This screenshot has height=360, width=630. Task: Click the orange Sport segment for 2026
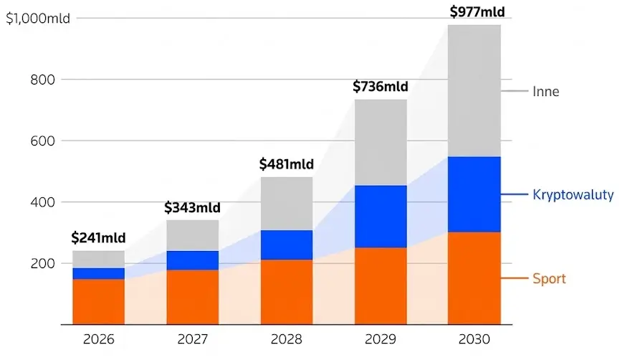(98, 302)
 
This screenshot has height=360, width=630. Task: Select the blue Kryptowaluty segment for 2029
(381, 217)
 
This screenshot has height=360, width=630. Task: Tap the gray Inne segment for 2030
(474, 91)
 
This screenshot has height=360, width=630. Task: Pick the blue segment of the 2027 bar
(193, 260)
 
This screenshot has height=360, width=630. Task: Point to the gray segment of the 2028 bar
(287, 204)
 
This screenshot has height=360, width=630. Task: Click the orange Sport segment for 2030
(474, 278)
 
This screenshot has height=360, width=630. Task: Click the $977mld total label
(477, 11)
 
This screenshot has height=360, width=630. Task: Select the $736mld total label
(381, 86)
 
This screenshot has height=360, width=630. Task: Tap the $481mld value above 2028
(287, 164)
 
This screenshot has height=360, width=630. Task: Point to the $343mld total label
(193, 207)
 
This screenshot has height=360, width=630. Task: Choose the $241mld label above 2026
(98, 237)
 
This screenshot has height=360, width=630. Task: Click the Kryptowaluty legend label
(573, 194)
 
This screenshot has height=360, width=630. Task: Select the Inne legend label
(546, 91)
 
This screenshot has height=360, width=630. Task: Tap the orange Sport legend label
(549, 278)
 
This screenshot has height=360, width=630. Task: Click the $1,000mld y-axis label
(38, 19)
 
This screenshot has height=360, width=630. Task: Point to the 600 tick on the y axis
(42, 141)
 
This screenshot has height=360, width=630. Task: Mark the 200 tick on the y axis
(42, 263)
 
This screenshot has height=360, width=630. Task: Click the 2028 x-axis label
(287, 339)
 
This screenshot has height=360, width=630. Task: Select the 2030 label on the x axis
(474, 339)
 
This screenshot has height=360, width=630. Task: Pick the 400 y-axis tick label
(42, 202)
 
